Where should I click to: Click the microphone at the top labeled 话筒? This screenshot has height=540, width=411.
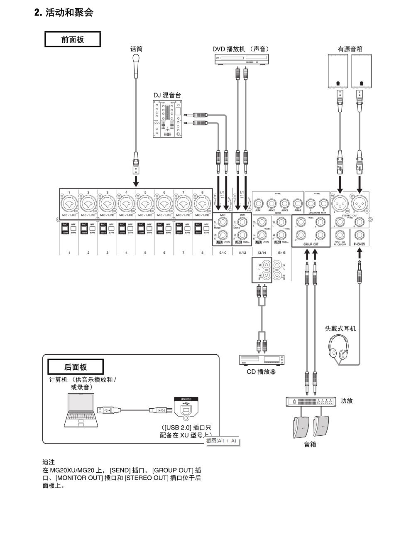tap(136, 66)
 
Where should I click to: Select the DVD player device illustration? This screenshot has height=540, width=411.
tap(242, 59)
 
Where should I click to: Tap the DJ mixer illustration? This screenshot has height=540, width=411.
tap(167, 119)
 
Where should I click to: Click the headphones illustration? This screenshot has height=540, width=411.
tap(338, 347)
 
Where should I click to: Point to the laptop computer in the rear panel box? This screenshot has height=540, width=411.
tap(81, 410)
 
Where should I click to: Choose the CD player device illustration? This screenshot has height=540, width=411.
tap(262, 360)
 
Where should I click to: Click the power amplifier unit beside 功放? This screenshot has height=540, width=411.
tap(311, 402)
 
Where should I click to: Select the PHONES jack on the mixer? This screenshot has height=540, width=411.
tap(360, 235)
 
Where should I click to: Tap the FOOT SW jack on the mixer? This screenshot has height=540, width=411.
tap(340, 235)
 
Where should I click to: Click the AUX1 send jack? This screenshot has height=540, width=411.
tap(258, 204)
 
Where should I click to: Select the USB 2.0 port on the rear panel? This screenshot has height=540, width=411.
tap(186, 409)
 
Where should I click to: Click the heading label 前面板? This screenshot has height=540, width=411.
tap(73, 39)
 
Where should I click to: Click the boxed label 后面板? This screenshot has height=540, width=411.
tap(76, 367)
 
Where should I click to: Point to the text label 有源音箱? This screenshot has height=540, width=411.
tap(350, 49)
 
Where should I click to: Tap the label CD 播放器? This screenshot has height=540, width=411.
tap(261, 372)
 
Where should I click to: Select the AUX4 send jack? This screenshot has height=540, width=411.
tap(297, 204)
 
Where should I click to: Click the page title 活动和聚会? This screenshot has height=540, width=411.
tap(69, 12)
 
